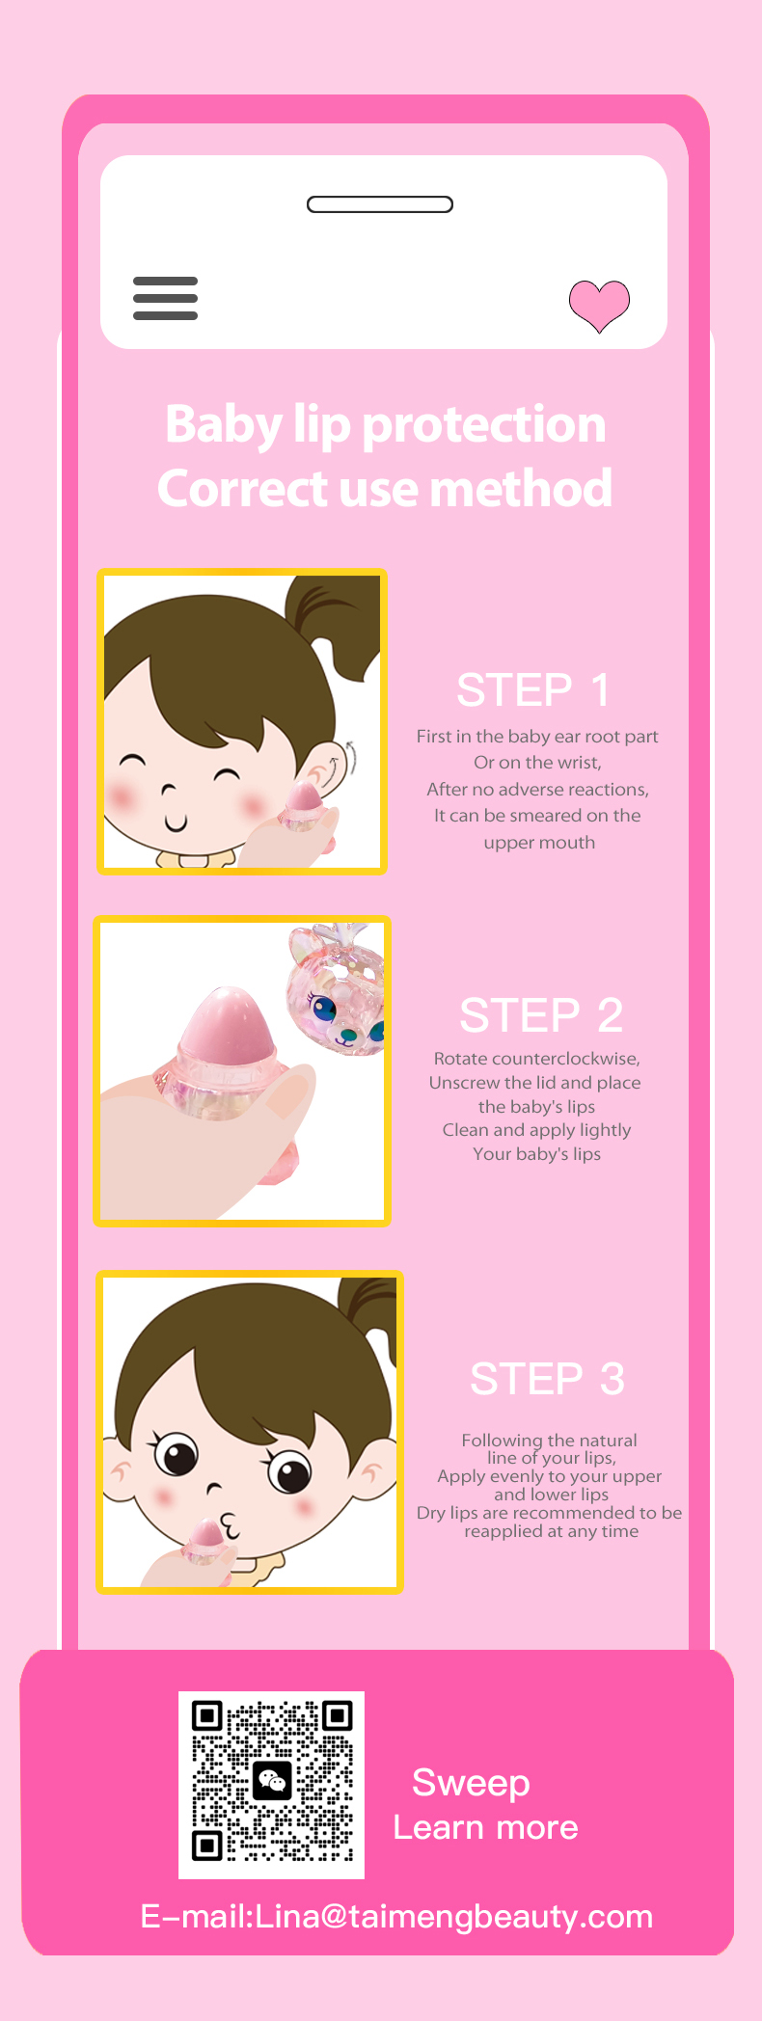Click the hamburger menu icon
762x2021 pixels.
(x=165, y=298)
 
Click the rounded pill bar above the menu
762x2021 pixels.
(x=380, y=204)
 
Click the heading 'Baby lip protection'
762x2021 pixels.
(x=386, y=424)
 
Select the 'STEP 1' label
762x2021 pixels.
(x=532, y=690)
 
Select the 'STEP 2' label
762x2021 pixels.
(x=541, y=1015)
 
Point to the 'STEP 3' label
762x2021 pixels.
(x=547, y=1379)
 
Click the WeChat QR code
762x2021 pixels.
(x=272, y=1785)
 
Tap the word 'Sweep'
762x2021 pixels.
(x=471, y=1783)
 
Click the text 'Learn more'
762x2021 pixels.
(x=486, y=1827)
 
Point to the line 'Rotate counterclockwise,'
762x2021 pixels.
(x=537, y=1058)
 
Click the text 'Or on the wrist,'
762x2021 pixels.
(x=537, y=763)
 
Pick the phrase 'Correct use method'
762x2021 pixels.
(x=385, y=488)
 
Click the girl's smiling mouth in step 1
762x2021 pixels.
(x=176, y=822)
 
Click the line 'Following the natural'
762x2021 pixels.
(x=549, y=1441)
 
